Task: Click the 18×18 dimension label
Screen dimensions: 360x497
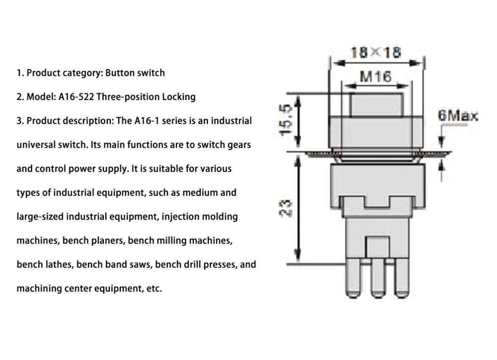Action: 376,52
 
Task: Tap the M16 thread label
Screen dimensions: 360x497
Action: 375,76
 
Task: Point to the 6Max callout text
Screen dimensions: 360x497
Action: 458,116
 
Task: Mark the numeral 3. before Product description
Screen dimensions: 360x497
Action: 20,121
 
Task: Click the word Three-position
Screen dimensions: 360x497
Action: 128,97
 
